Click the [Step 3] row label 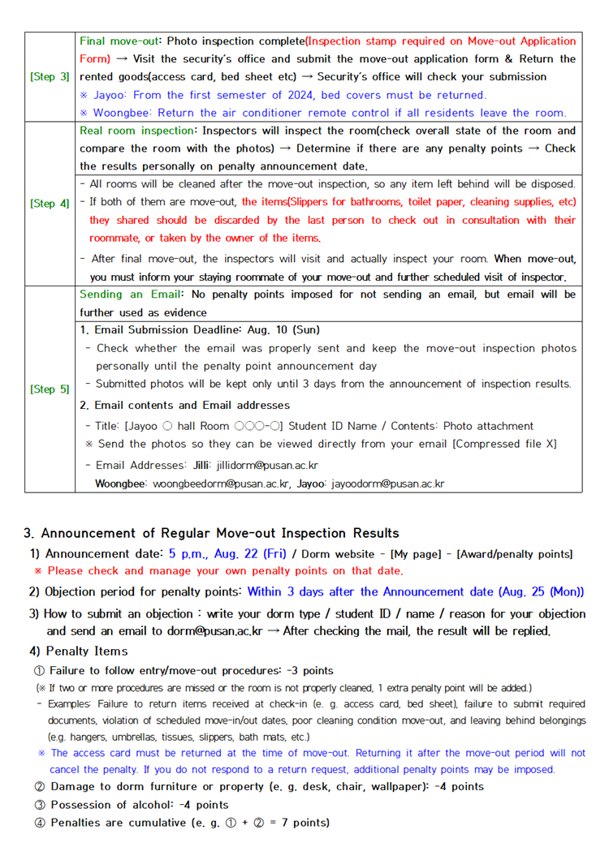50,77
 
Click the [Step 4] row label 50,203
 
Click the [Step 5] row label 50,389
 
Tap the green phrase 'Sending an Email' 128,294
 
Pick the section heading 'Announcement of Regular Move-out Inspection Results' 219,533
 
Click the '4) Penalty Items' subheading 78,651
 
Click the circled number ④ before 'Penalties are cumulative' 39,823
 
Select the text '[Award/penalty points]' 516,554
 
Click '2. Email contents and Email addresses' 184,405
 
